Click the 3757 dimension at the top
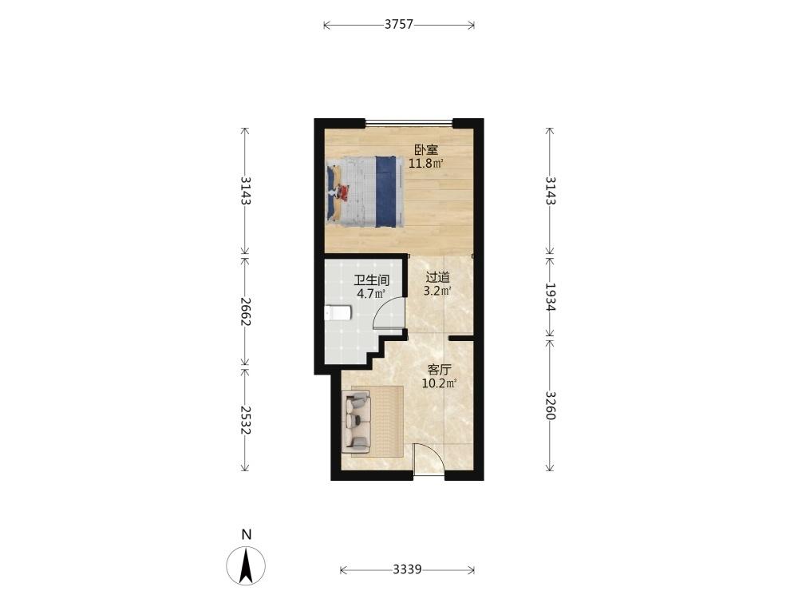(398, 25)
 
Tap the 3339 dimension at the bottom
(407, 569)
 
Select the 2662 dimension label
(245, 311)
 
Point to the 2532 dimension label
(245, 420)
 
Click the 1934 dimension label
(550, 296)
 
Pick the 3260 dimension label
(550, 405)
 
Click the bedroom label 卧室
(426, 150)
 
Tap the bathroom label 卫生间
(372, 280)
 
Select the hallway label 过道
(437, 278)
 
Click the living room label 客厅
(440, 369)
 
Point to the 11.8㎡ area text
(426, 164)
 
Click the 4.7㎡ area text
(371, 293)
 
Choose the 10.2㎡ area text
(440, 383)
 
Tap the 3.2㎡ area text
(437, 291)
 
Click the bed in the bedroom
(365, 192)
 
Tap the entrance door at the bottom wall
(429, 461)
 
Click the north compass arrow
(247, 565)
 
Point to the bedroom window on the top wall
(409, 123)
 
